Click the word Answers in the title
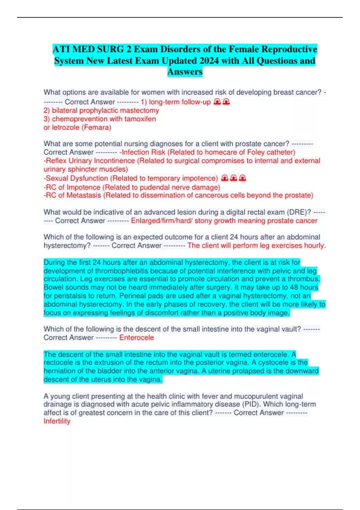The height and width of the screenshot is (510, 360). (x=185, y=72)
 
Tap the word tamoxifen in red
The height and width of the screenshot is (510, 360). (x=140, y=119)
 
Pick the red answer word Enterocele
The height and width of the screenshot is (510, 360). (x=136, y=337)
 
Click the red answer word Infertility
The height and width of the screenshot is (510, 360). (x=57, y=421)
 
